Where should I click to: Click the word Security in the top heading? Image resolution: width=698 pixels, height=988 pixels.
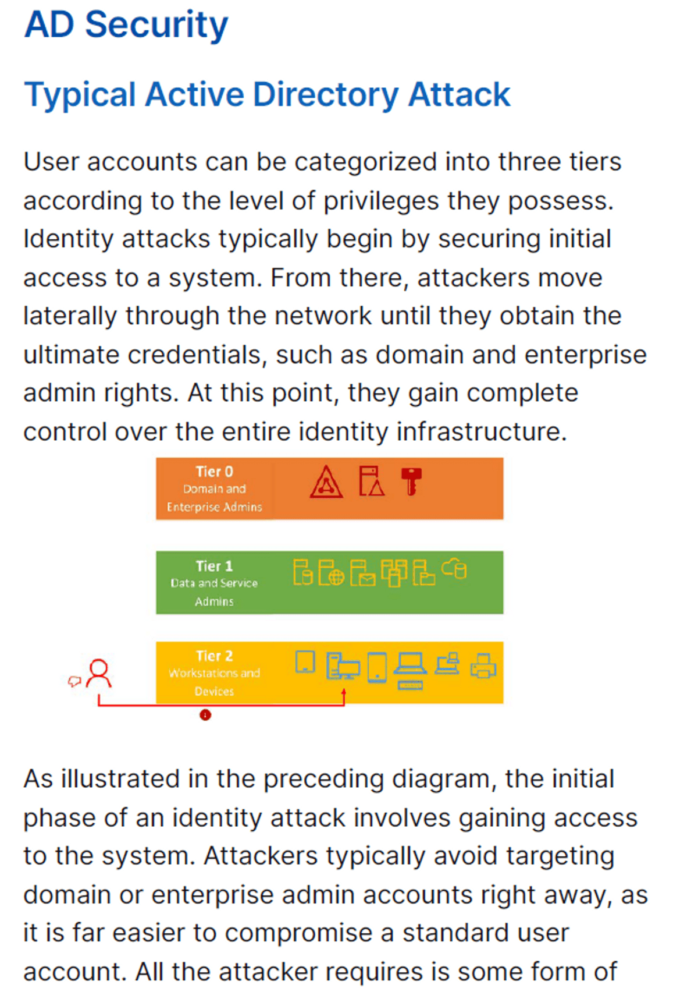pos(156,25)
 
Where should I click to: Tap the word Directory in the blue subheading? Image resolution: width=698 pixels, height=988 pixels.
pos(325,94)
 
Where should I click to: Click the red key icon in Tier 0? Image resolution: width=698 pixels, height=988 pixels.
pos(412,481)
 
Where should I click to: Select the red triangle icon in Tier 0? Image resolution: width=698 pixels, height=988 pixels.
pos(326,482)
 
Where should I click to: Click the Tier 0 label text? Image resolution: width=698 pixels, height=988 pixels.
pos(214,472)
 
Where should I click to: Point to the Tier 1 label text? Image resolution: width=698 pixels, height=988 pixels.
pos(214,566)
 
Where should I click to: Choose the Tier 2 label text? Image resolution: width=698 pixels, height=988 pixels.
pos(214,656)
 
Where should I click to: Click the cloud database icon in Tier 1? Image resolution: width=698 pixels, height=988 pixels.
pos(454,568)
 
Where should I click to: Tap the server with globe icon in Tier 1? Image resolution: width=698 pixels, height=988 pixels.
pos(331,572)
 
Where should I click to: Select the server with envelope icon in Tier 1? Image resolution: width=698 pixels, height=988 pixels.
pos(362,573)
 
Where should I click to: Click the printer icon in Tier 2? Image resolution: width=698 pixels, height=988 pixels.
pos(483,665)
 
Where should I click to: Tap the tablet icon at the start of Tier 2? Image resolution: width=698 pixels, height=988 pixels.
pos(305,662)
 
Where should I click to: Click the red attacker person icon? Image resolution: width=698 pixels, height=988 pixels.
pos(99,673)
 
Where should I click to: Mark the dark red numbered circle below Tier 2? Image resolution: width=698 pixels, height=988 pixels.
pos(205,715)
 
